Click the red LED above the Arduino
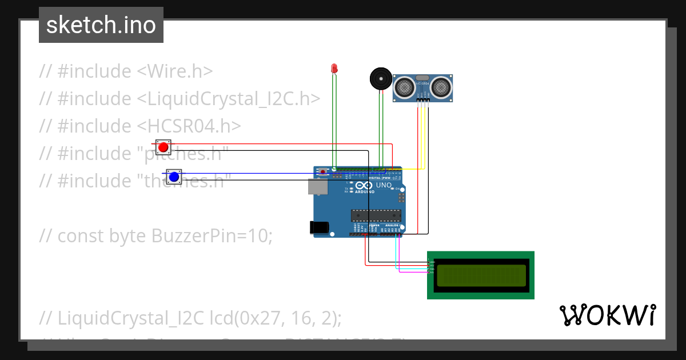coord(334,69)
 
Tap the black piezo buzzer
coord(380,78)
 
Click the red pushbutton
coord(163,147)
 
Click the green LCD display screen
coord(481,275)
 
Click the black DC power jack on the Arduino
coord(320,227)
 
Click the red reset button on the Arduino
coord(324,171)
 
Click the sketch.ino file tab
coord(101,25)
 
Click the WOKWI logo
coord(607,315)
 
